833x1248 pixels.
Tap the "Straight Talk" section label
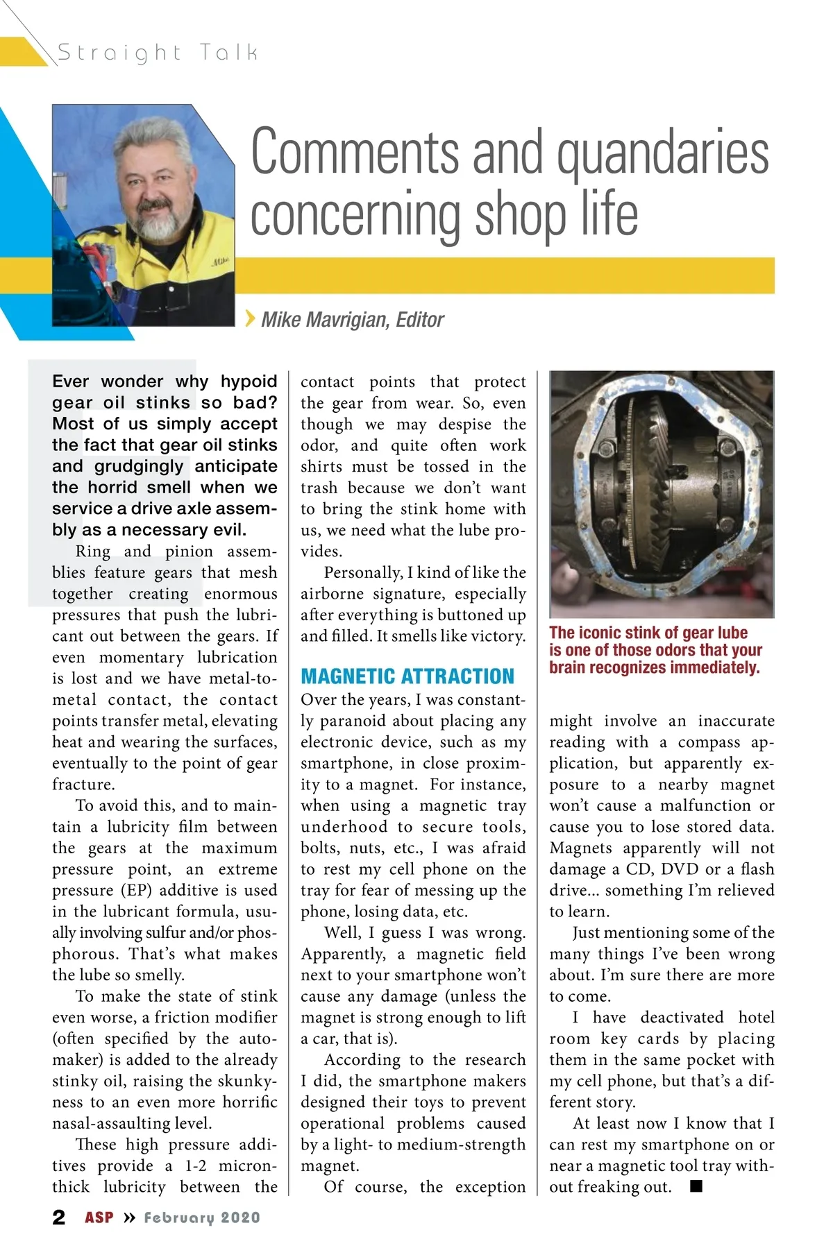158,52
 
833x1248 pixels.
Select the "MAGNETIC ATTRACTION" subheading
407,676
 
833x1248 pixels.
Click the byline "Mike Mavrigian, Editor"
352,320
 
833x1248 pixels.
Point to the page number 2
59,1217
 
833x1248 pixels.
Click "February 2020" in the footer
202,1217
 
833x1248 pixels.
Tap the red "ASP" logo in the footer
99,1217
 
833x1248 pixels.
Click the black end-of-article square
696,1186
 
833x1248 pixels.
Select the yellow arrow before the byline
250,318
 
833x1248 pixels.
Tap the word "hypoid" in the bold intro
249,382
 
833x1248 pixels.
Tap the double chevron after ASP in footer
129,1217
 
